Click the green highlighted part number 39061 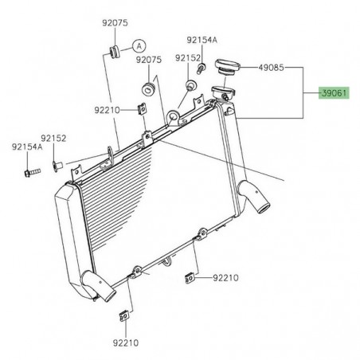(x=334, y=93)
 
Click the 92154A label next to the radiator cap (x=201, y=39)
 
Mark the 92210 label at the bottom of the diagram (x=125, y=342)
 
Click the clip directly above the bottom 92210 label (x=124, y=313)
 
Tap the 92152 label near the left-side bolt (x=55, y=138)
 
